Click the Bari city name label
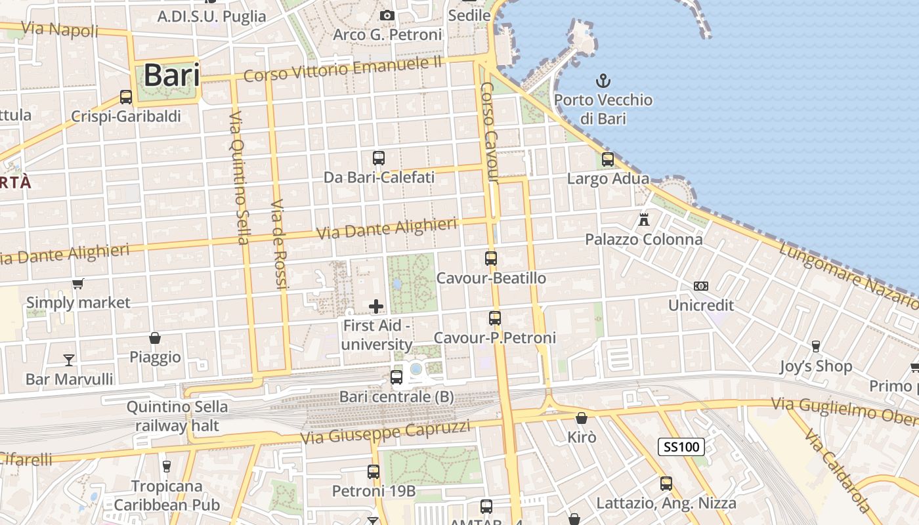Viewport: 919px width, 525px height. (x=171, y=75)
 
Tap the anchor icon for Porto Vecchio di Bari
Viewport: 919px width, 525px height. (x=603, y=81)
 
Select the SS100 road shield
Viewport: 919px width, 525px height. (x=681, y=448)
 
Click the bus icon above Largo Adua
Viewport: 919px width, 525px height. (x=608, y=159)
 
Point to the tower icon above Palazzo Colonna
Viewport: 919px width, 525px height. (x=644, y=219)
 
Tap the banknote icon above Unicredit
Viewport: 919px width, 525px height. (x=701, y=286)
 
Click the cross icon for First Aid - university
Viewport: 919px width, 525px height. (x=376, y=306)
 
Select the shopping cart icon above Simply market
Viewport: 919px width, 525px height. (x=78, y=283)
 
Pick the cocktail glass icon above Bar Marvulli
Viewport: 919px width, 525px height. (x=69, y=360)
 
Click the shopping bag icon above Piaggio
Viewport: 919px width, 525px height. (x=155, y=338)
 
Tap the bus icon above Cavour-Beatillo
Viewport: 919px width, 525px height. (x=491, y=259)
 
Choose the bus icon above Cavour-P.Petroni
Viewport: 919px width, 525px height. (x=495, y=318)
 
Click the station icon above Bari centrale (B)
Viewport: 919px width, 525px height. (x=396, y=377)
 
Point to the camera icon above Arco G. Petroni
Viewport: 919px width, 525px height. (x=387, y=15)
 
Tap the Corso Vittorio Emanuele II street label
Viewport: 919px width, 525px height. (x=343, y=68)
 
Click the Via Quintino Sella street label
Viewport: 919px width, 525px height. (x=239, y=177)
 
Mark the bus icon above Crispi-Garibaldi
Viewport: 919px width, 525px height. (x=126, y=97)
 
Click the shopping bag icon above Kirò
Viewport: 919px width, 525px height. (x=582, y=417)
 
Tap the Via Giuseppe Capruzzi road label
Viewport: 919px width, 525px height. (x=385, y=431)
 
